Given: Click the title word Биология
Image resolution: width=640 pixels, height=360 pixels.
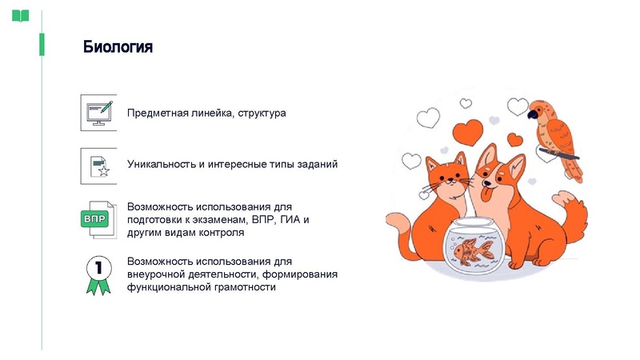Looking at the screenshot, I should pyautogui.click(x=118, y=47).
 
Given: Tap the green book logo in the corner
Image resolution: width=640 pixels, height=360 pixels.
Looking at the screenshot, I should pyautogui.click(x=20, y=15).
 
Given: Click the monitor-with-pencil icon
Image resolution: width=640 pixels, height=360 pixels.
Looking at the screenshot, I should pyautogui.click(x=98, y=113).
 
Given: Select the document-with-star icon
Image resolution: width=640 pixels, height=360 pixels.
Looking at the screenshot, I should pyautogui.click(x=98, y=164).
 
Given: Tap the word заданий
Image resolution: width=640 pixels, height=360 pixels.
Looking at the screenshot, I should pyautogui.click(x=318, y=164).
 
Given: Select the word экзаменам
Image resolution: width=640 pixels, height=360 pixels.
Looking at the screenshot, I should pyautogui.click(x=219, y=219).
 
